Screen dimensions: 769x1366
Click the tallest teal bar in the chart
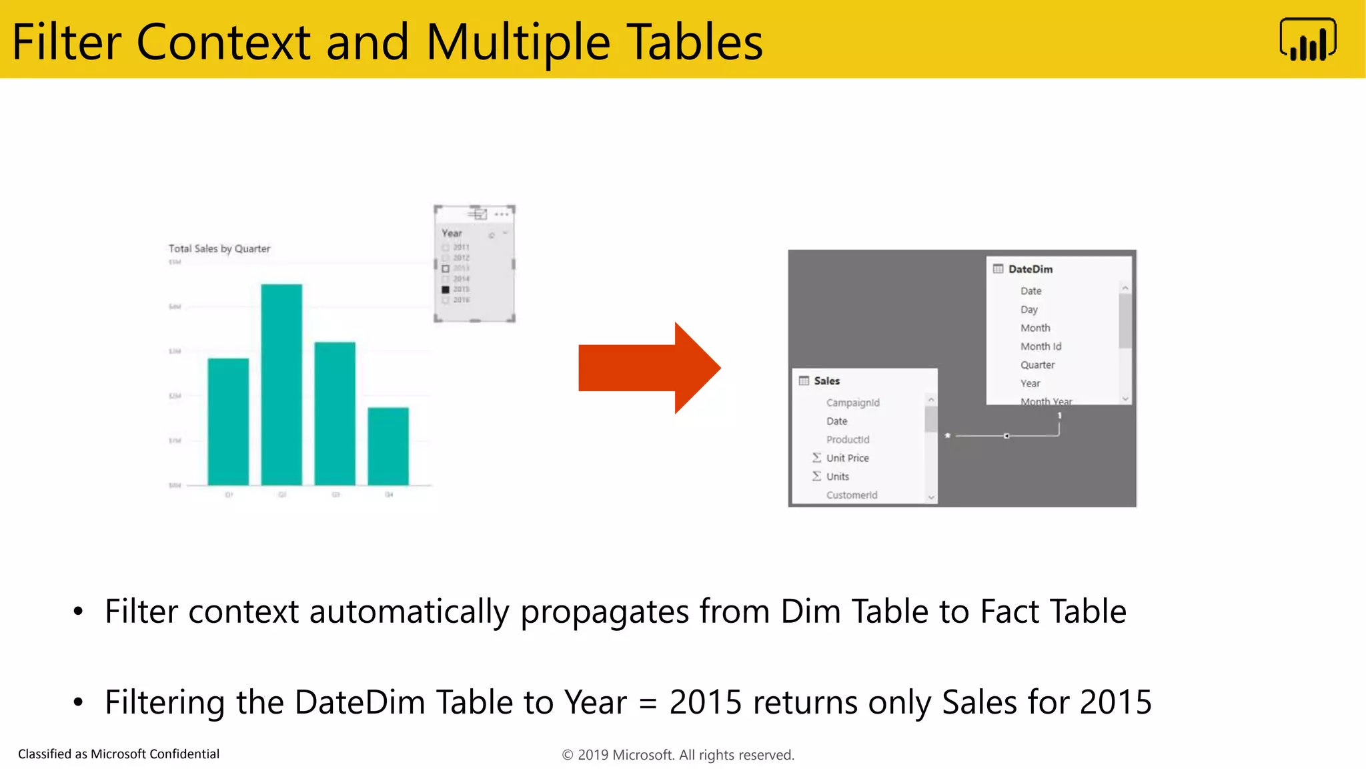point(281,384)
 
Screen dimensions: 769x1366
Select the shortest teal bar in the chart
point(388,446)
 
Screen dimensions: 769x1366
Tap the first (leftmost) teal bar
point(228,421)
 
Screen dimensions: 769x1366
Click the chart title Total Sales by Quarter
point(219,248)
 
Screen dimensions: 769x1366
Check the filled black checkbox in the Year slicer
point(446,290)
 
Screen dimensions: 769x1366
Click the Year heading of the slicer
point(452,233)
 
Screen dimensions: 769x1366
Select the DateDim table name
point(1031,269)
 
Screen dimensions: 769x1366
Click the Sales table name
point(827,380)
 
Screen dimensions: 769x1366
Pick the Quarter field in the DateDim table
point(1037,365)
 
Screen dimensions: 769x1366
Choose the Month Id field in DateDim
point(1041,346)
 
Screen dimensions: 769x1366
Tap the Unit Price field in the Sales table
point(847,458)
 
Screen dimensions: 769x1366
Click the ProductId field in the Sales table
point(848,439)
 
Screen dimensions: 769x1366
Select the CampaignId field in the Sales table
point(852,403)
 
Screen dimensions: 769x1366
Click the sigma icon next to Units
point(816,476)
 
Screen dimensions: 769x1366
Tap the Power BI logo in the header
point(1307,40)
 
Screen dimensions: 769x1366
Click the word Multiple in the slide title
point(518,42)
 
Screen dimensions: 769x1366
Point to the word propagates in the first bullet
point(604,612)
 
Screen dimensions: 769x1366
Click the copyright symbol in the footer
point(568,755)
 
